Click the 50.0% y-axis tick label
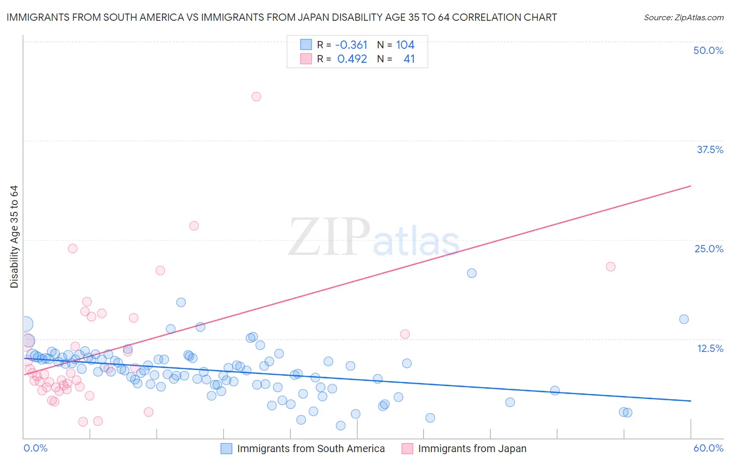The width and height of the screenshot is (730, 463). click(708, 51)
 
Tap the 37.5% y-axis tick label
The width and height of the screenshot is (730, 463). click(710, 149)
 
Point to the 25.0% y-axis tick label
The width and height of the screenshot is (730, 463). click(709, 249)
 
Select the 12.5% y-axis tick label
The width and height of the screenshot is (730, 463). click(710, 348)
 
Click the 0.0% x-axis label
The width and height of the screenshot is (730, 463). click(35, 448)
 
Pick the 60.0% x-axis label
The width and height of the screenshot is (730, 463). click(708, 448)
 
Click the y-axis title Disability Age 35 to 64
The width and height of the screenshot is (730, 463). click(14, 237)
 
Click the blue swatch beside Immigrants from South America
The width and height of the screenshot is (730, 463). click(226, 448)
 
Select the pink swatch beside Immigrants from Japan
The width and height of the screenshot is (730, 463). click(407, 448)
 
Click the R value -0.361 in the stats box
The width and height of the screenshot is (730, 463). click(351, 45)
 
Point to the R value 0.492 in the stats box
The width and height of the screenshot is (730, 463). click(352, 59)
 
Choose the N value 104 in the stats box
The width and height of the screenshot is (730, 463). click(405, 45)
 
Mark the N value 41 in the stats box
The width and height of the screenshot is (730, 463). click(409, 59)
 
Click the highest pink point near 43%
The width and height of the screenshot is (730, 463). click(256, 97)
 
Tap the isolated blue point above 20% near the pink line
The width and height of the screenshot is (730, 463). click(471, 273)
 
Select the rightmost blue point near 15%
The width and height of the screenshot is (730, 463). click(684, 319)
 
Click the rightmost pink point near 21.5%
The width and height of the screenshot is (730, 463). click(611, 267)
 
